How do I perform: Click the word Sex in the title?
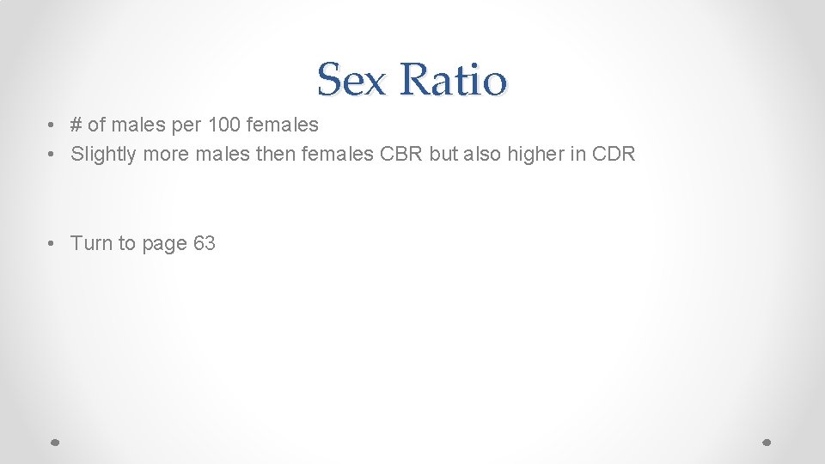coord(351,80)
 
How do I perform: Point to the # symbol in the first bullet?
coord(76,125)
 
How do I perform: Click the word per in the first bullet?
coord(186,125)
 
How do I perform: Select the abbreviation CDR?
coord(614,155)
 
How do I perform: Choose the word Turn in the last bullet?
coord(91,244)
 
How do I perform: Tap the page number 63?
coord(205,244)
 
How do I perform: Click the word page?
coord(165,244)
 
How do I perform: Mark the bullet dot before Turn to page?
coord(53,244)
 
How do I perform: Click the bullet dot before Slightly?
coord(53,155)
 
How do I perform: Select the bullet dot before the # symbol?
coord(53,125)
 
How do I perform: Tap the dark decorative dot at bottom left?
coord(54,442)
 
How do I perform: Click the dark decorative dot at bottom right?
coord(767,442)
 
